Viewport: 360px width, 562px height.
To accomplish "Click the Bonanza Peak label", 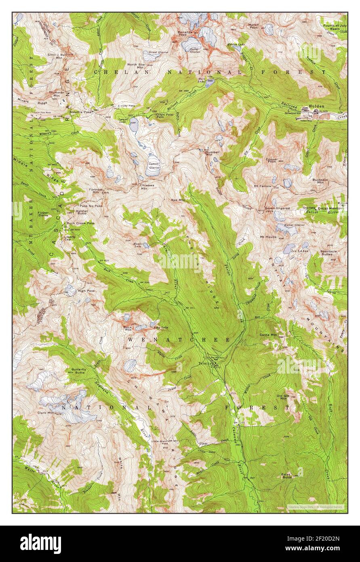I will (183, 33).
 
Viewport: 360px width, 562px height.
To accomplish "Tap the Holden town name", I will (316, 106).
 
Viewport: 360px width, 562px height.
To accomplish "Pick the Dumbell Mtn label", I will (212, 153).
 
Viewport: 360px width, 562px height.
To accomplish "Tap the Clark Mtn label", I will (46, 413).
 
